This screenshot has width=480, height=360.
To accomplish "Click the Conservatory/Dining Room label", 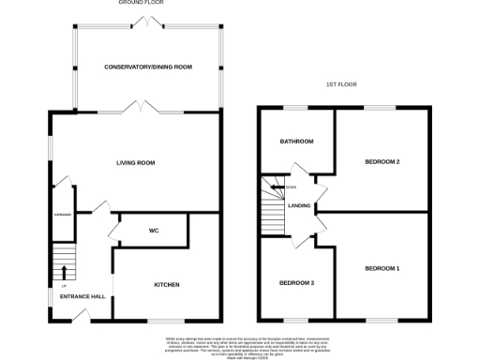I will pos(148,67).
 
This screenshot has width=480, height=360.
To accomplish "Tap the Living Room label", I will pos(136,162).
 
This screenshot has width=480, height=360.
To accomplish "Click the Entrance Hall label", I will pos(82,297).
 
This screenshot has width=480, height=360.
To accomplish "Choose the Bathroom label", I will pos(296,142).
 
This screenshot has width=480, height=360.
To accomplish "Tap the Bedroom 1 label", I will pos(382,270).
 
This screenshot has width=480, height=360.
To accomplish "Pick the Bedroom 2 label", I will pos(382,162).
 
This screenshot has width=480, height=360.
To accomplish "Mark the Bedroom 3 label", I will pos(296,282).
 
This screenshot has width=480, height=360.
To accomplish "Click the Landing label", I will pos(300,205).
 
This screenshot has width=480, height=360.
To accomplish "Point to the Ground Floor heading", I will pos(137,4).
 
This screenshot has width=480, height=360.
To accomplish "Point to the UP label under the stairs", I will pos(63,285).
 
